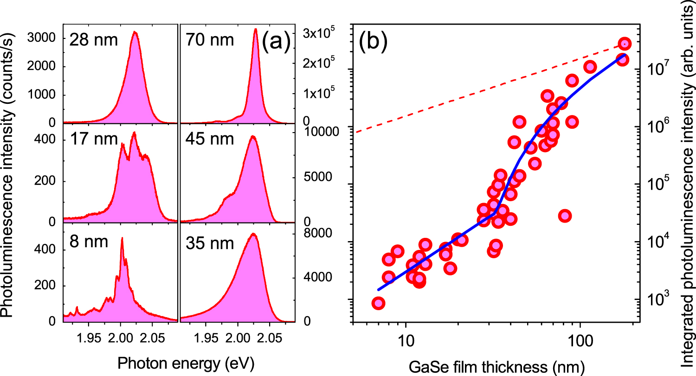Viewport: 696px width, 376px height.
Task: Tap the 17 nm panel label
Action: (94, 139)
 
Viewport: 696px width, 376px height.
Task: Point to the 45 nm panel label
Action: (211, 139)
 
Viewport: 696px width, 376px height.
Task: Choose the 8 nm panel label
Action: (89, 242)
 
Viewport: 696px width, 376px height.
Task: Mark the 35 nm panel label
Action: (211, 242)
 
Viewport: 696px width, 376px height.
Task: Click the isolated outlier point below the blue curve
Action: (565, 216)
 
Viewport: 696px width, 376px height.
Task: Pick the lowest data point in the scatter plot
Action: (378, 303)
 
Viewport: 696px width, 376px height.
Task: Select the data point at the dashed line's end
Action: (625, 44)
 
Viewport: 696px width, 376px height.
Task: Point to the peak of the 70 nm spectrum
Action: (255, 29)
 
